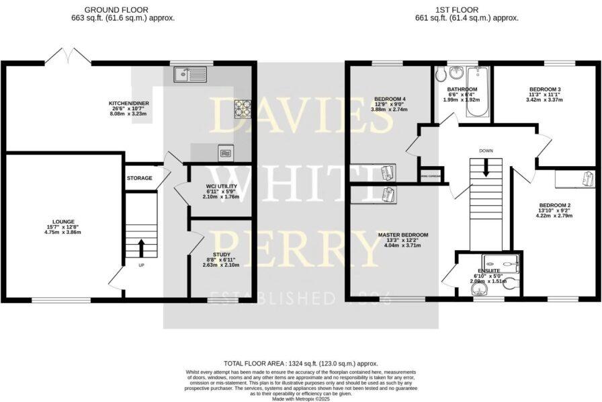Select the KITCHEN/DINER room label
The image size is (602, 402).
point(129,104)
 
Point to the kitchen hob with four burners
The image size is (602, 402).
point(242,108)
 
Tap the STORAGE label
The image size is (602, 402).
point(139,178)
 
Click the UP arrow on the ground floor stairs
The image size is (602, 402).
point(141,246)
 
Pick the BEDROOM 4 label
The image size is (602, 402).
point(389,99)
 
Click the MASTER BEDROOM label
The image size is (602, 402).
point(402,235)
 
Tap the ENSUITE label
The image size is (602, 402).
point(489,270)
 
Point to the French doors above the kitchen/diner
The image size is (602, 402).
point(69,55)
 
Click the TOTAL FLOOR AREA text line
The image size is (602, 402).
point(300,362)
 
